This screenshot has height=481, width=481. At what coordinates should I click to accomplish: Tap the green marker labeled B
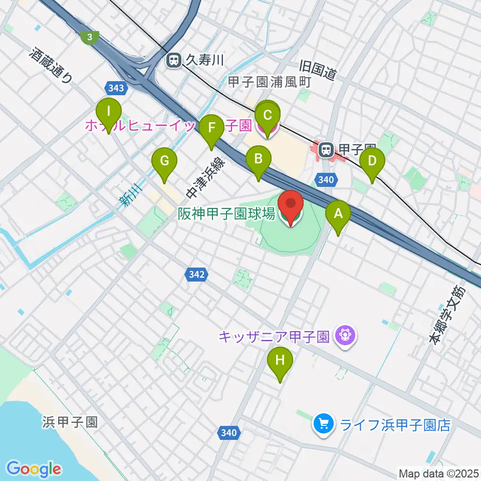point(259,159)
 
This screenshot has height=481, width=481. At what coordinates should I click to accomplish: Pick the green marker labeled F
point(211,128)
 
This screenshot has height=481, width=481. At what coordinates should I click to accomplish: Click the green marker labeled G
point(164,161)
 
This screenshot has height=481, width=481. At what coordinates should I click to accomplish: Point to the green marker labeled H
point(280,360)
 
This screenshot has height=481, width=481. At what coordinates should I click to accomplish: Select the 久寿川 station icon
point(174,61)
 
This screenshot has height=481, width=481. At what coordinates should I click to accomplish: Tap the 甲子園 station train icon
point(326,149)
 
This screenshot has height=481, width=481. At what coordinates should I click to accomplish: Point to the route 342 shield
point(196,274)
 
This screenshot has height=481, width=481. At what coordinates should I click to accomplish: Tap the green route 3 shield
point(89,37)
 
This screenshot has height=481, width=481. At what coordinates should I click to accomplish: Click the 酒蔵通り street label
point(51,64)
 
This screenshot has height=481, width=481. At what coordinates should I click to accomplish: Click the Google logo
point(34,469)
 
